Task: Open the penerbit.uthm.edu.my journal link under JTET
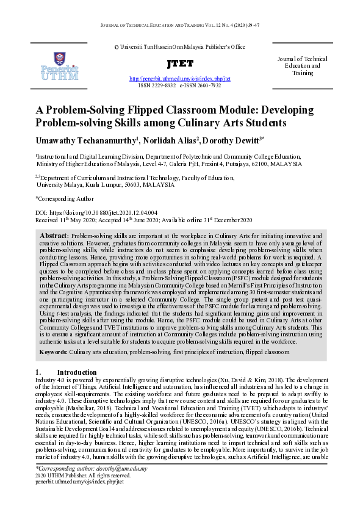point(180,79)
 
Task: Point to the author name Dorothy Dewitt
point(242,142)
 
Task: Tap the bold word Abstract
point(54,236)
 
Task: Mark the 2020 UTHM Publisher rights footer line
point(83,475)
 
